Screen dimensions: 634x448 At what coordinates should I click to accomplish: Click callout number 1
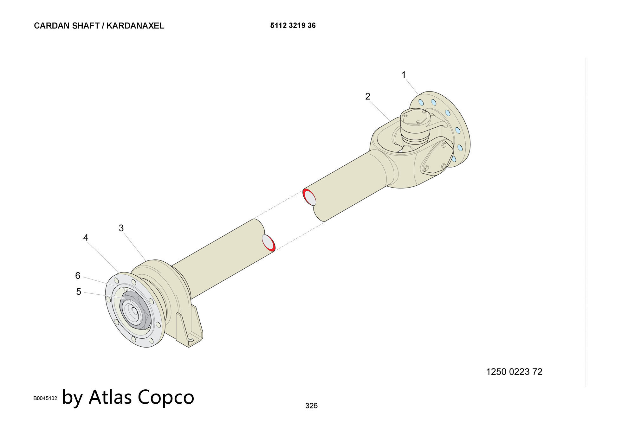[404, 75]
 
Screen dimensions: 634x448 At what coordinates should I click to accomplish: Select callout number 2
[368, 96]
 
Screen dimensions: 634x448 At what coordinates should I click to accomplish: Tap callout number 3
[121, 228]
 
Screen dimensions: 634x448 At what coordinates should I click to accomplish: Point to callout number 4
[86, 238]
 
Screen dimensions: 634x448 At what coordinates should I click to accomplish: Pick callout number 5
[79, 291]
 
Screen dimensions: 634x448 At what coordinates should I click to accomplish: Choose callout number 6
[78, 276]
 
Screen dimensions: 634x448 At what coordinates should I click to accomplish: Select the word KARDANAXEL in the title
[135, 26]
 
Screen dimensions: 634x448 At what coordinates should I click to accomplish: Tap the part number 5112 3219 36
[293, 25]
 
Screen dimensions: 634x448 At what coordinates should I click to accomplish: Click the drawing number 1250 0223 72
[514, 372]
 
